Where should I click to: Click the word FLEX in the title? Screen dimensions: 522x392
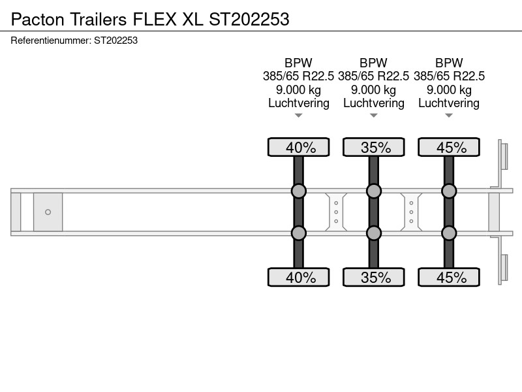click(x=155, y=20)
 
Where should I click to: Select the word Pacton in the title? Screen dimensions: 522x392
click(x=38, y=20)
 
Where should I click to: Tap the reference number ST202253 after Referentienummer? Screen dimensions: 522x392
click(x=116, y=41)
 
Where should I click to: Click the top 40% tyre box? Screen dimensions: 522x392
click(x=299, y=147)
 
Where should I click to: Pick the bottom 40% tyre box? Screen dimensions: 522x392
click(x=299, y=277)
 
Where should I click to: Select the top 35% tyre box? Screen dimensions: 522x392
click(x=374, y=147)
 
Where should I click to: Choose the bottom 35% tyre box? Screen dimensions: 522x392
click(x=374, y=277)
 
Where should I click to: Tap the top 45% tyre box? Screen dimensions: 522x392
click(x=449, y=147)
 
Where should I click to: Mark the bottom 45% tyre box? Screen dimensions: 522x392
click(x=449, y=277)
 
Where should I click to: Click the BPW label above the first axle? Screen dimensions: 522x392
click(x=298, y=63)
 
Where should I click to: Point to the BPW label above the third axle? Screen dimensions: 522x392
click(x=449, y=63)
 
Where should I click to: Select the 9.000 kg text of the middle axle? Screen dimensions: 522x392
click(x=373, y=90)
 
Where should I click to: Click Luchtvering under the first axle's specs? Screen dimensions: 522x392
click(x=299, y=103)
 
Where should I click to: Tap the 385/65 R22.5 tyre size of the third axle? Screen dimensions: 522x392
click(x=449, y=76)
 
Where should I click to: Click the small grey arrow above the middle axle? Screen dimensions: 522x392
click(x=373, y=116)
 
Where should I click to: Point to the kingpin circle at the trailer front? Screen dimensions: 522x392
click(x=48, y=212)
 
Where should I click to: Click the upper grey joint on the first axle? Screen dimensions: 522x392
click(x=299, y=191)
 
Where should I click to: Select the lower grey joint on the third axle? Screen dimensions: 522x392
click(x=449, y=233)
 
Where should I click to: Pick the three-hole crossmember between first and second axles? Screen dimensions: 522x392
click(x=336, y=212)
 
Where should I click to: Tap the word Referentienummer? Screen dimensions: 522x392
click(x=51, y=41)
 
